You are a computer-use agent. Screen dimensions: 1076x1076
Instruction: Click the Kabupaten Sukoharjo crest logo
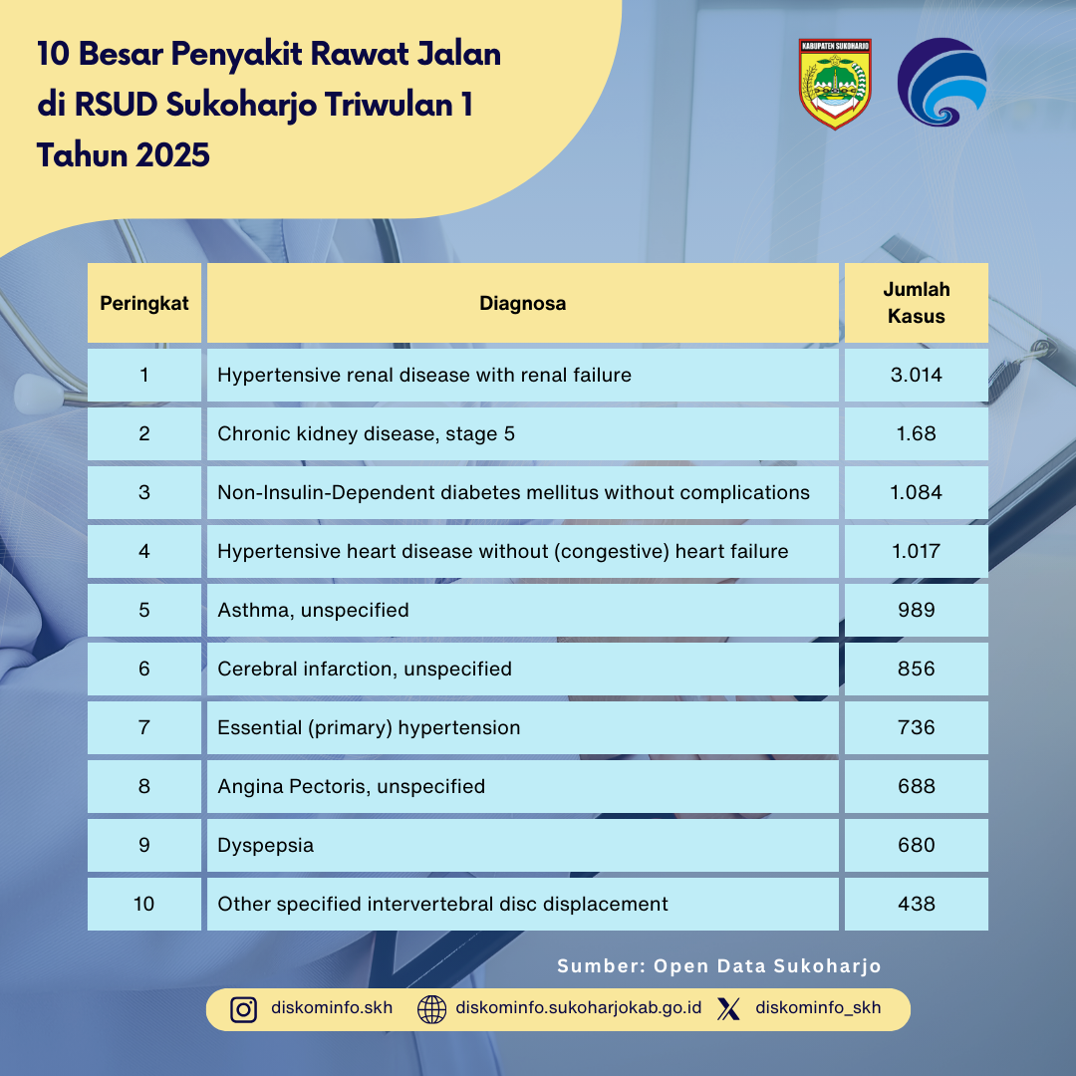click(x=835, y=84)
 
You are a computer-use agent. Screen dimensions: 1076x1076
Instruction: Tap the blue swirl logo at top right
click(x=941, y=83)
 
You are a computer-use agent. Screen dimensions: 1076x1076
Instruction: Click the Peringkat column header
click(x=144, y=304)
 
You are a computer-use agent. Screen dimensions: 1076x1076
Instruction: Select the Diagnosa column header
click(x=523, y=304)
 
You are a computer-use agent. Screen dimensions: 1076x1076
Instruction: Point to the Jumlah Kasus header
click(x=917, y=303)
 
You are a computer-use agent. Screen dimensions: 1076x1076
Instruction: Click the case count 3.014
click(x=917, y=376)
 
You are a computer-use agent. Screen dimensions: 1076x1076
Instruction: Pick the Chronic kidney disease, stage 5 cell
click(x=367, y=434)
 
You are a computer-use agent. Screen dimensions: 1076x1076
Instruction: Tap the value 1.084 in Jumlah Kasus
click(x=917, y=492)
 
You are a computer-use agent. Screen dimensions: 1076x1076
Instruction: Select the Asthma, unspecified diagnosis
click(x=313, y=610)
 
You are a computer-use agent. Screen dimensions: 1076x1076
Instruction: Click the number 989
click(x=917, y=610)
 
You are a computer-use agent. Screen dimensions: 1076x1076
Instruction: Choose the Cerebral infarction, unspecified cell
click(x=365, y=669)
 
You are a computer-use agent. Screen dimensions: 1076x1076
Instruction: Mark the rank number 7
click(x=144, y=727)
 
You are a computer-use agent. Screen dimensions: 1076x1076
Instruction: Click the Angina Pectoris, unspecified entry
click(x=352, y=786)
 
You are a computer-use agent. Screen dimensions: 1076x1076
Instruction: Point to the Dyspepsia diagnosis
click(x=266, y=845)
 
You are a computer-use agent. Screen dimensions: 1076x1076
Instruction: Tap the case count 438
click(x=917, y=904)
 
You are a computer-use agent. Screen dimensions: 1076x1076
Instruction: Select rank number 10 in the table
click(x=144, y=904)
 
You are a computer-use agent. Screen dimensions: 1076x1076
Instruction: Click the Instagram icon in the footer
click(x=244, y=1009)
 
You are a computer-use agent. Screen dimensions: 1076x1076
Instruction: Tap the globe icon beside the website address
click(x=431, y=1009)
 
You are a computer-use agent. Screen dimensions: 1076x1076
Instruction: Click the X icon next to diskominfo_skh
click(x=729, y=1009)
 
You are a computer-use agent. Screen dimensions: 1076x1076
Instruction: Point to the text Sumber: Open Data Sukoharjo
click(x=719, y=966)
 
